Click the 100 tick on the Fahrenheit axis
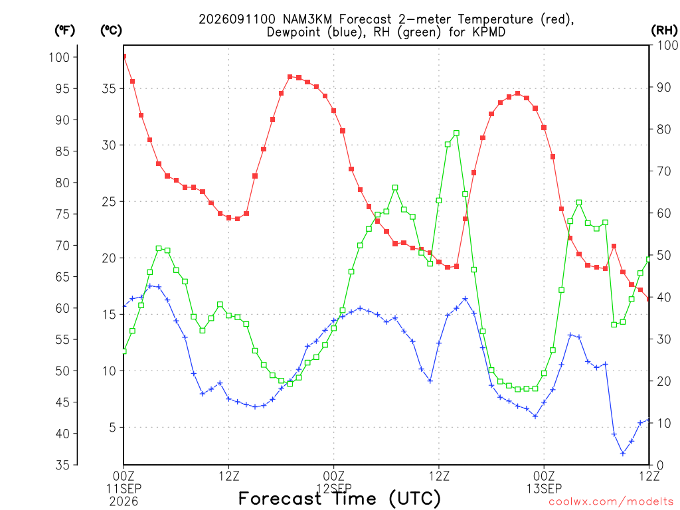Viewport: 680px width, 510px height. pos(59,57)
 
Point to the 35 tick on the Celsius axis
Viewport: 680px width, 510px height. pos(109,88)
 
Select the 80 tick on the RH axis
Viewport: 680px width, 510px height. pos(664,129)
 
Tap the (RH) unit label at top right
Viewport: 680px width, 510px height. pos(664,30)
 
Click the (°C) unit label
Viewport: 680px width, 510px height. pos(111,30)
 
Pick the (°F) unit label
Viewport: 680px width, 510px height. pos(64,30)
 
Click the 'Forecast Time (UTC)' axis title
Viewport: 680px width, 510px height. pos(339,499)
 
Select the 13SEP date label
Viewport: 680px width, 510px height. pos(544,489)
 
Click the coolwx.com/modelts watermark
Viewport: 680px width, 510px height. pos(611,502)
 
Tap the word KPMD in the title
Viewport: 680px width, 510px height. pos(489,32)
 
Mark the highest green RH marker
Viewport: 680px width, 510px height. pos(456,133)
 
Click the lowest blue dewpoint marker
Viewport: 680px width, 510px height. pos(623,454)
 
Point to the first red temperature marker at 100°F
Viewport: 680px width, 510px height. pos(124,56)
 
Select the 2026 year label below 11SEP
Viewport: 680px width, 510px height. pos(124,502)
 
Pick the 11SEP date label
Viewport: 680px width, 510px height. pos(124,489)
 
